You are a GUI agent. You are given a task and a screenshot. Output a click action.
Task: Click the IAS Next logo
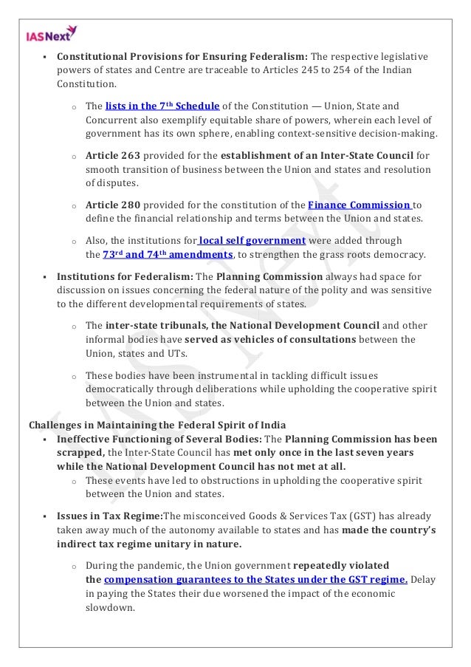pyautogui.click(x=50, y=33)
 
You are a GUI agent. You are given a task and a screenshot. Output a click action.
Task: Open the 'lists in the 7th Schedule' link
pyautogui.click(x=162, y=106)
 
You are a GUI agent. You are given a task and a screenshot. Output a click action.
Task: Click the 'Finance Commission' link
pyautogui.click(x=360, y=205)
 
